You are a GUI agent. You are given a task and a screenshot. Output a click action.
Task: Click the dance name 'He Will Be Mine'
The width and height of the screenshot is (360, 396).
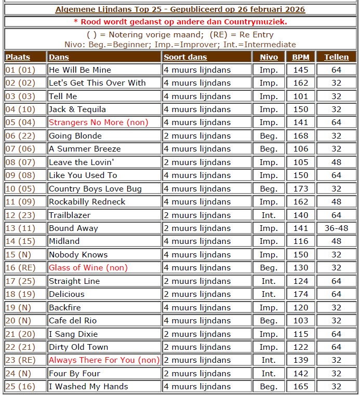[x=79, y=70]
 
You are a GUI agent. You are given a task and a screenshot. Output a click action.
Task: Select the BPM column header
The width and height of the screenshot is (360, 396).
[x=300, y=57]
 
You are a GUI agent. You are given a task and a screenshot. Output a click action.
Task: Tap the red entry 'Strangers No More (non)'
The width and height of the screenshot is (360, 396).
[x=98, y=122]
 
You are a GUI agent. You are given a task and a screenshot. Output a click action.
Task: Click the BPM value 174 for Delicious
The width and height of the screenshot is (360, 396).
[x=300, y=294]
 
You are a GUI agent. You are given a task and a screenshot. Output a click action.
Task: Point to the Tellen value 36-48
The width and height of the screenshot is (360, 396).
[x=336, y=228]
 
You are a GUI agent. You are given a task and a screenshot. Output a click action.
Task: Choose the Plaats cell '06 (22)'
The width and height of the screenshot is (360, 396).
[x=20, y=136]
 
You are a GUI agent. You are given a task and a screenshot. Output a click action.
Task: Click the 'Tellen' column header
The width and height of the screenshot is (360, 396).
[x=336, y=57]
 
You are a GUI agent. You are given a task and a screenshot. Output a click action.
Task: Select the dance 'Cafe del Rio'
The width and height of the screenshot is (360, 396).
[x=73, y=321]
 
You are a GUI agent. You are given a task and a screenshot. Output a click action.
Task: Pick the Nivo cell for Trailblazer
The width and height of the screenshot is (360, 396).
[x=269, y=215]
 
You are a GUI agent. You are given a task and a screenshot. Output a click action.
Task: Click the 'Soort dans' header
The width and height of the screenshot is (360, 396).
[x=185, y=57]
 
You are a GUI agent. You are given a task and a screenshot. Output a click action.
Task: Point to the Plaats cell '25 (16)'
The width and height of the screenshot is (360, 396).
[x=20, y=387]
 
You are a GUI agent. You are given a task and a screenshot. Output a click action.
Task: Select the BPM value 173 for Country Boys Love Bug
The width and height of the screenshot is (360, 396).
[x=300, y=189]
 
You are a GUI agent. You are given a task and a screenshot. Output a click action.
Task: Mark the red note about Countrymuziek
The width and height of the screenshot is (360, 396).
[x=180, y=22]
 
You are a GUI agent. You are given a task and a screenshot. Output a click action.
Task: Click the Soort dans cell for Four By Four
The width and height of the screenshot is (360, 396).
[x=197, y=374]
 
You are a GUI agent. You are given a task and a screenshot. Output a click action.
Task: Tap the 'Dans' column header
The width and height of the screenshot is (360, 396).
[x=58, y=57]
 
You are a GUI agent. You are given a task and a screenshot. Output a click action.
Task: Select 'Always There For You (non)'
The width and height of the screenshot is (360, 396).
[x=104, y=360]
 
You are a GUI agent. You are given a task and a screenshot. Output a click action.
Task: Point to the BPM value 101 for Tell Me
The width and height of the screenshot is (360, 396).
[x=300, y=96]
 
